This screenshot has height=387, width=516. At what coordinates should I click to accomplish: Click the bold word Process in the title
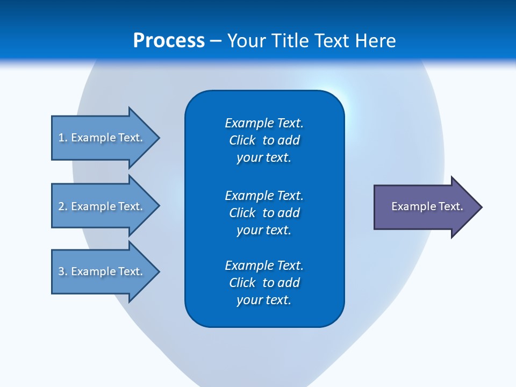[169, 41]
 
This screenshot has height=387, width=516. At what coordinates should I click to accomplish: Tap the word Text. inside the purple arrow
[451, 206]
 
